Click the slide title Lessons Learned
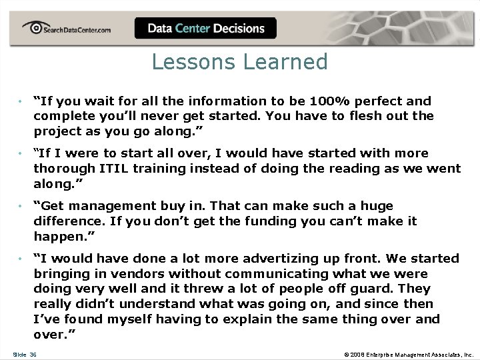point(239,62)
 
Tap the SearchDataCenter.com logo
point(67,29)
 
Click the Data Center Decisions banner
point(205,29)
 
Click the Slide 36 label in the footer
point(25,354)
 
